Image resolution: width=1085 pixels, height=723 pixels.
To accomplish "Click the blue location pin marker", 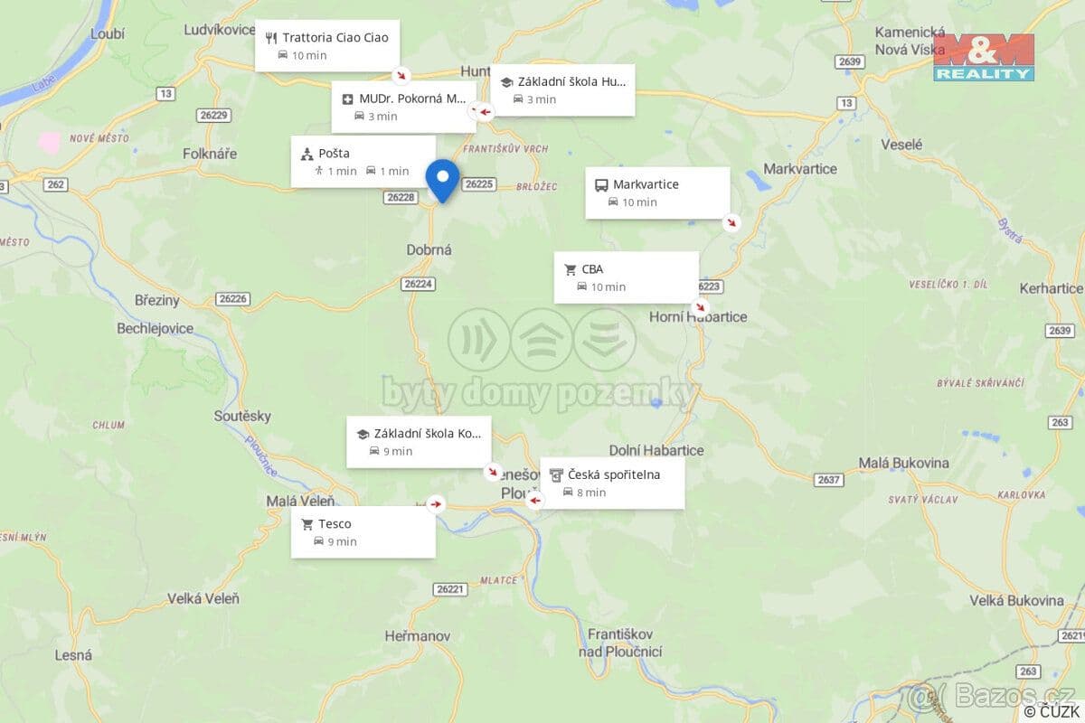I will [442, 179].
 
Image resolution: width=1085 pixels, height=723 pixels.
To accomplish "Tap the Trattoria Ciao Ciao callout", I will [326, 45].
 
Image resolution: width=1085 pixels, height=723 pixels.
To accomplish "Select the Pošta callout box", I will [363, 161].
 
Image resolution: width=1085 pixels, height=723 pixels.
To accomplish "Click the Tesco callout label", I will [363, 531].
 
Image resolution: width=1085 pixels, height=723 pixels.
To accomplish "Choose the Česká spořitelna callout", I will [612, 483].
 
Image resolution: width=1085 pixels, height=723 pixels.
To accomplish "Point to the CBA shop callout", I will [626, 277].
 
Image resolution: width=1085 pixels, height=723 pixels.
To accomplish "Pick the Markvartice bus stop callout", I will [656, 192].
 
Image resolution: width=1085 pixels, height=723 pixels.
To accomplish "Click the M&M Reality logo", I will [984, 57].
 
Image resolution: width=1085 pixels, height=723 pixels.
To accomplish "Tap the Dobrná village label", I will [429, 249].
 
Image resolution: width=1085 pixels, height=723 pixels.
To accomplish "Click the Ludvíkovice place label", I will [220, 30].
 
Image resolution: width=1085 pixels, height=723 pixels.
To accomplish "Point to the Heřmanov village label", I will [417, 636].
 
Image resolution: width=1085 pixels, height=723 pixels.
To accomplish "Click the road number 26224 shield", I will [419, 284].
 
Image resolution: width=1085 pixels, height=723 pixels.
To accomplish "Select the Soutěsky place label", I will [242, 416].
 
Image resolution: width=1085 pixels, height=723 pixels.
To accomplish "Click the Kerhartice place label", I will [1050, 288].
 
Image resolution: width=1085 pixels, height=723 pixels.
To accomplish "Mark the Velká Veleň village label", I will [203, 598].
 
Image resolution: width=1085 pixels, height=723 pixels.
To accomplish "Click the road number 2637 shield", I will [828, 480].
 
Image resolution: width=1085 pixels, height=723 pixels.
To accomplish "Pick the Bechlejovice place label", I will [156, 328].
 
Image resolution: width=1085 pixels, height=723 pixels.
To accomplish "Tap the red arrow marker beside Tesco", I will [436, 504].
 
